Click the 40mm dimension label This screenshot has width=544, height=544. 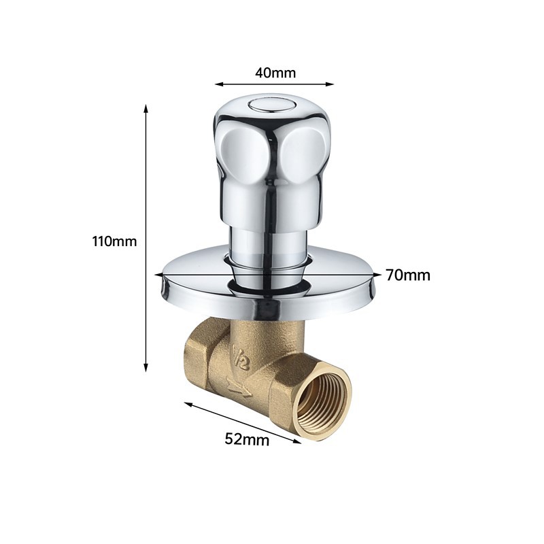(x=275, y=73)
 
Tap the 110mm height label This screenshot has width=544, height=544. (x=114, y=241)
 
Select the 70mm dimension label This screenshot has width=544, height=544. (x=408, y=275)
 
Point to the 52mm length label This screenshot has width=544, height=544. (x=247, y=439)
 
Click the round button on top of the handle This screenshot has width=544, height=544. (x=271, y=105)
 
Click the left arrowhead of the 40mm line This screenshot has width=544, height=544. (x=219, y=84)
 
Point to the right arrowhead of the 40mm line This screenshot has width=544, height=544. (x=329, y=84)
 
